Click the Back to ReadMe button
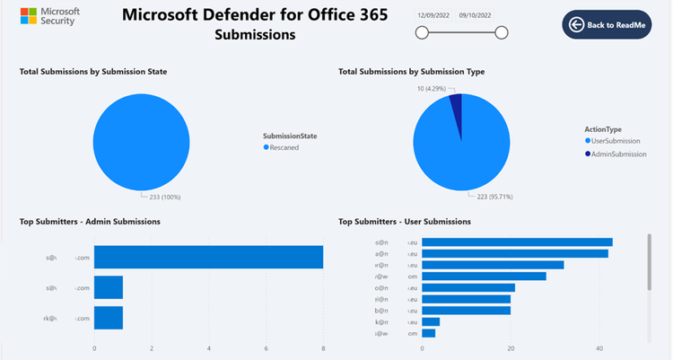(x=607, y=25)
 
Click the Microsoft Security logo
(x=50, y=16)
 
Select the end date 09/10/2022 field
(x=476, y=15)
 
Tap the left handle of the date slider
(x=422, y=33)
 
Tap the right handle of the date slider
(x=502, y=33)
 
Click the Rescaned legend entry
(x=284, y=147)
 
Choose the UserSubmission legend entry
(x=614, y=141)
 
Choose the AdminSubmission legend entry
(x=616, y=154)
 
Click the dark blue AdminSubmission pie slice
(x=456, y=106)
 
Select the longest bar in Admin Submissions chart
(x=208, y=258)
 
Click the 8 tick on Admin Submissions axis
(x=323, y=348)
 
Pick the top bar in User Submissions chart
(x=517, y=241)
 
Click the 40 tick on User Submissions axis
(x=599, y=348)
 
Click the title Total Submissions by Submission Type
(x=411, y=71)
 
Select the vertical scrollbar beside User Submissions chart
(x=649, y=263)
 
